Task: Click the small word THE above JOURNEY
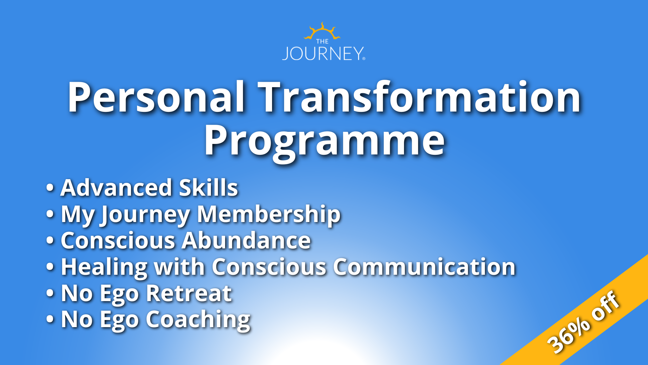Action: point(322,42)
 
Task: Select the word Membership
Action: point(269,214)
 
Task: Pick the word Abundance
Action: point(246,241)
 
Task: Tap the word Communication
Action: point(424,267)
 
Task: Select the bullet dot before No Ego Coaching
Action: point(50,319)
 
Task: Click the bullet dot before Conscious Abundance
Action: point(50,241)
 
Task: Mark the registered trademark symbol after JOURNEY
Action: point(363,59)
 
